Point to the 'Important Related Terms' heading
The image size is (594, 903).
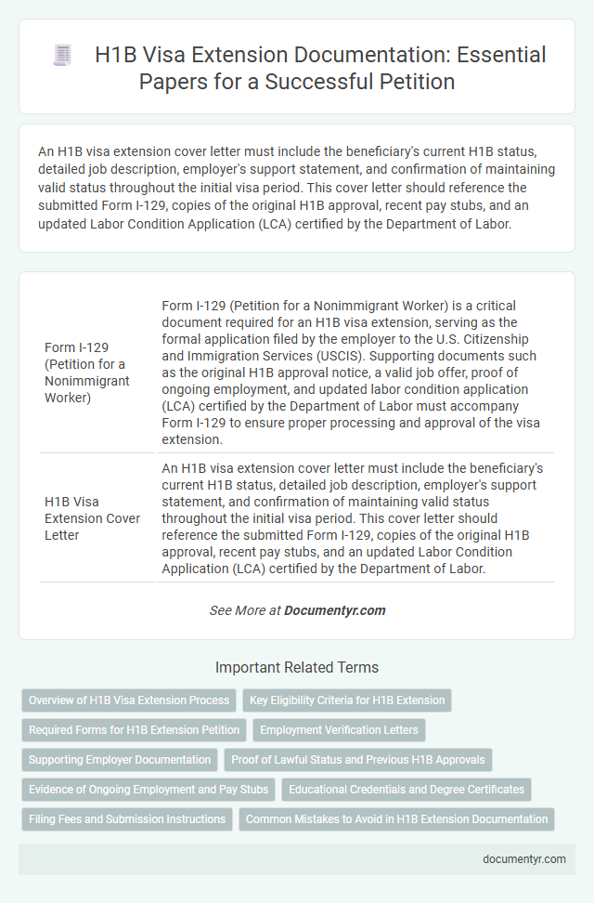pos(296,667)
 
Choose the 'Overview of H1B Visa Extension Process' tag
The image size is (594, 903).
pos(129,700)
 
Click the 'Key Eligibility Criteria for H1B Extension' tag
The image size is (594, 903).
pos(347,700)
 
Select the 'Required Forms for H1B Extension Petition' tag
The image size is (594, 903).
pos(135,729)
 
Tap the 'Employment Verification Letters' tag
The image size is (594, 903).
pos(340,729)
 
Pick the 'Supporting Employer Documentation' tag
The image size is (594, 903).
pos(120,759)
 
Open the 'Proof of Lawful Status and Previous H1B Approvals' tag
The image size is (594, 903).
pos(358,759)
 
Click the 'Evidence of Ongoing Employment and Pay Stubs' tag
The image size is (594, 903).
pos(148,789)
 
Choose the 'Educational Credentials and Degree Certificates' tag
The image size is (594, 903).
pos(407,789)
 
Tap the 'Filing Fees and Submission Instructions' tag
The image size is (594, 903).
pos(127,818)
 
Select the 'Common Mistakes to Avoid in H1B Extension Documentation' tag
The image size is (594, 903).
pos(396,818)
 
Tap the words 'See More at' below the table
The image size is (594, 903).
pos(244,610)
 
